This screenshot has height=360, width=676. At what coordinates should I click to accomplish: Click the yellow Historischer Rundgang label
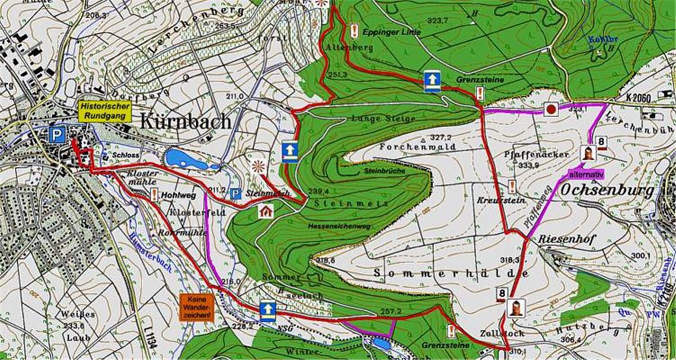[104, 111]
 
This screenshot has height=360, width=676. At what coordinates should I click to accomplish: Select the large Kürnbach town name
[185, 122]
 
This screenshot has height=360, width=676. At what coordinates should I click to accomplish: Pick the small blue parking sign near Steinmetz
[235, 193]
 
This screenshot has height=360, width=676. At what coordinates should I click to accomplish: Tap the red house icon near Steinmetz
[266, 211]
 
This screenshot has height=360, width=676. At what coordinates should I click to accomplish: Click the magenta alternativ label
[586, 174]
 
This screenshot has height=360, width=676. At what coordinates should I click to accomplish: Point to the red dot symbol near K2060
[551, 110]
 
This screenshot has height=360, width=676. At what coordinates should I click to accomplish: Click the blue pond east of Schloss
[186, 159]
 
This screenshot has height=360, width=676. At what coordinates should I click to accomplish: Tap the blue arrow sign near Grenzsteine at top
[432, 81]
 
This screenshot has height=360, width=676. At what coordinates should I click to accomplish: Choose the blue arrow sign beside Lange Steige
[289, 151]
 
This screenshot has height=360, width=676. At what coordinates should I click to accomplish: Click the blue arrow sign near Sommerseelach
[268, 310]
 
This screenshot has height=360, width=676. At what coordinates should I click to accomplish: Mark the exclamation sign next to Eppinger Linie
[354, 31]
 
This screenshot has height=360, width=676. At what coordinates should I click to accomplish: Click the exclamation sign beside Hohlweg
[154, 193]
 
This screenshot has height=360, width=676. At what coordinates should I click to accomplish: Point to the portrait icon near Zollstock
[516, 308]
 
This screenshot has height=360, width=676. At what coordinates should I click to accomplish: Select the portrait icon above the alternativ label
[588, 152]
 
